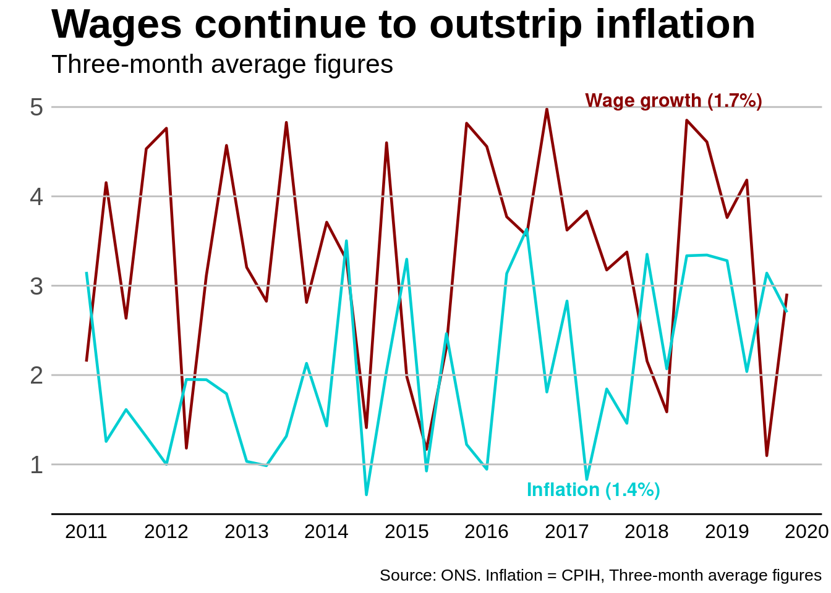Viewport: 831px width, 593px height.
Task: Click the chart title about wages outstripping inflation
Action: tap(403, 25)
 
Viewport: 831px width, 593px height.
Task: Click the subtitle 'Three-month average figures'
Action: tap(222, 64)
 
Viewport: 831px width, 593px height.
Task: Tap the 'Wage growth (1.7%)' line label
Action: tap(673, 101)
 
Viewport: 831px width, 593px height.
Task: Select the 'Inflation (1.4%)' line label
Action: tap(593, 490)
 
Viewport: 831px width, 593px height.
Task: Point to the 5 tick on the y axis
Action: tap(36, 107)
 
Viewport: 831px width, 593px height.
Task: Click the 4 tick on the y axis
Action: tap(36, 197)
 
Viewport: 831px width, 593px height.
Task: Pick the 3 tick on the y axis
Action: tap(36, 286)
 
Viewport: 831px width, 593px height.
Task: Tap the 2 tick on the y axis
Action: tap(36, 375)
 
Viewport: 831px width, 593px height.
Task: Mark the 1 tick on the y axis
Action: tap(36, 465)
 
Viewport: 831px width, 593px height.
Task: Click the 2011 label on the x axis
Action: tap(86, 531)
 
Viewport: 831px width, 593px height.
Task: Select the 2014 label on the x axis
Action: tap(326, 531)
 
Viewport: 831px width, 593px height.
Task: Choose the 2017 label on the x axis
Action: tap(566, 531)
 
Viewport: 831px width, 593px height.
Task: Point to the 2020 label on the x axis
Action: tap(806, 531)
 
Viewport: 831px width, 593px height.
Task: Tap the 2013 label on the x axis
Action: tap(246, 531)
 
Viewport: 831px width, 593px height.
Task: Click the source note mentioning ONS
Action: tap(600, 575)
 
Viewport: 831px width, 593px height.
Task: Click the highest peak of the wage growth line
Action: tap(547, 109)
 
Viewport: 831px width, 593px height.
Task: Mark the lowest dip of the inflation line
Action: tap(367, 495)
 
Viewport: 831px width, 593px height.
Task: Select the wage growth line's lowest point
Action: tap(767, 455)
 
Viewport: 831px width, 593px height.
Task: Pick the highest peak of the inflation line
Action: tap(527, 230)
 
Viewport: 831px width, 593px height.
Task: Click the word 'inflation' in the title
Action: tap(675, 25)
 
